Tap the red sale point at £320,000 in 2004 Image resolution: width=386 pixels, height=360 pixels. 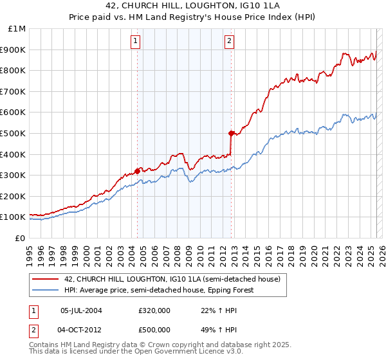137,171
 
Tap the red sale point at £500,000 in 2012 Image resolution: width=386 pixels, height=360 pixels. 231,133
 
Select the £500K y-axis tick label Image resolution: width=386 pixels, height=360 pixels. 14,133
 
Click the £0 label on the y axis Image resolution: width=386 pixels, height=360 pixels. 20,238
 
